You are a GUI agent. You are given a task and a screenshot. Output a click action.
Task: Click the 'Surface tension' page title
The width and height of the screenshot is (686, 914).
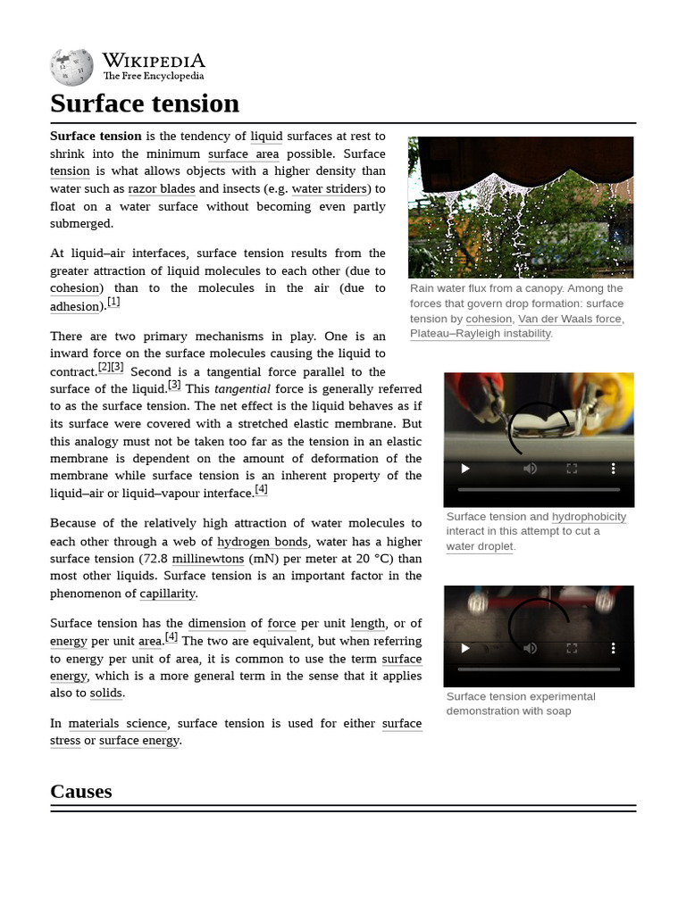click(x=145, y=104)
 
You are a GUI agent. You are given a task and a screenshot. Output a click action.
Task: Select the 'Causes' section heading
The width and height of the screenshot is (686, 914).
click(x=81, y=791)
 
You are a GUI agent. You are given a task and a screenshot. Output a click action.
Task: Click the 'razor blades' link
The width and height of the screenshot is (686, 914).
click(x=161, y=189)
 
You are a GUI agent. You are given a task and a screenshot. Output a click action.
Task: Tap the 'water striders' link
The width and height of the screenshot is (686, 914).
click(x=329, y=189)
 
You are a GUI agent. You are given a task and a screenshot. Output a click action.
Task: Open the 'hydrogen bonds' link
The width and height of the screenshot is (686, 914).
click(x=263, y=542)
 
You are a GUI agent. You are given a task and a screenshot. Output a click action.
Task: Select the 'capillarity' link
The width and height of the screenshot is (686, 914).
click(x=168, y=594)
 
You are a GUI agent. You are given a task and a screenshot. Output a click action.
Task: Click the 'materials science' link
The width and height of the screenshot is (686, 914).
click(x=117, y=724)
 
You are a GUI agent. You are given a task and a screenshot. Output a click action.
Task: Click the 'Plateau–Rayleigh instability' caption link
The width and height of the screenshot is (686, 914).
click(x=481, y=334)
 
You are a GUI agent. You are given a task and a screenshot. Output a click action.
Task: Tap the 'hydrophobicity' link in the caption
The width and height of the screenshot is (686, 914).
click(x=589, y=517)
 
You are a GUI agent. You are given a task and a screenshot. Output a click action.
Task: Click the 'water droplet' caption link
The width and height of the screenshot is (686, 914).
click(x=480, y=546)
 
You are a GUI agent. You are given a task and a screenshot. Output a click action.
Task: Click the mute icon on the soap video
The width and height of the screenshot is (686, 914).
click(x=530, y=648)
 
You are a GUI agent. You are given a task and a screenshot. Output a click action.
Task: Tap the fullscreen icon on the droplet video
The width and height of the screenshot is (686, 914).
click(x=572, y=469)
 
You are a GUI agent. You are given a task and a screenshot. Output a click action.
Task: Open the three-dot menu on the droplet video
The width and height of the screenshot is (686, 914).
click(x=613, y=469)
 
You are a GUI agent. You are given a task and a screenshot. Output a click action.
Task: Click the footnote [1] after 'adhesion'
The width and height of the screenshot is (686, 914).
click(x=113, y=303)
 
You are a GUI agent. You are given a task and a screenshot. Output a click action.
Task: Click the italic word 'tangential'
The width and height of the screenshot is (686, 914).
click(x=242, y=389)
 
